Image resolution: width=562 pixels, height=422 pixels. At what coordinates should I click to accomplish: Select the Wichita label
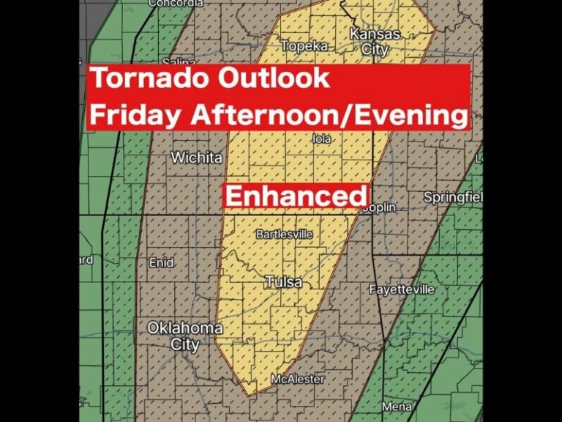[196, 158]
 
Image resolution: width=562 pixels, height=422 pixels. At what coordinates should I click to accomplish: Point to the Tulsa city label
[283, 282]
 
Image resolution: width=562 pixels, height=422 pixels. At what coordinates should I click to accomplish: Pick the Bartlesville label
[284, 234]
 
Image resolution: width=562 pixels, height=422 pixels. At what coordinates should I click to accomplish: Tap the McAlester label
[297, 379]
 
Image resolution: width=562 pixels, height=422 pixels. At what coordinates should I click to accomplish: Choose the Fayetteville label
[401, 289]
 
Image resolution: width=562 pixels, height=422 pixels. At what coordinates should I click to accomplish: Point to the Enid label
[162, 262]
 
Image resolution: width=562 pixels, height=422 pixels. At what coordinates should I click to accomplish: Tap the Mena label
[396, 407]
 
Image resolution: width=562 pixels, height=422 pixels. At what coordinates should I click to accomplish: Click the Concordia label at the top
[175, 4]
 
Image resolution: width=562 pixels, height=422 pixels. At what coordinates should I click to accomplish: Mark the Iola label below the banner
[321, 138]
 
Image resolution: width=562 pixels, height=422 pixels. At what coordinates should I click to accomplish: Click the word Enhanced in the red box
[296, 196]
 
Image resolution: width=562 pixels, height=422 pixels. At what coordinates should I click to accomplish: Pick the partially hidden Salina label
[179, 62]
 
